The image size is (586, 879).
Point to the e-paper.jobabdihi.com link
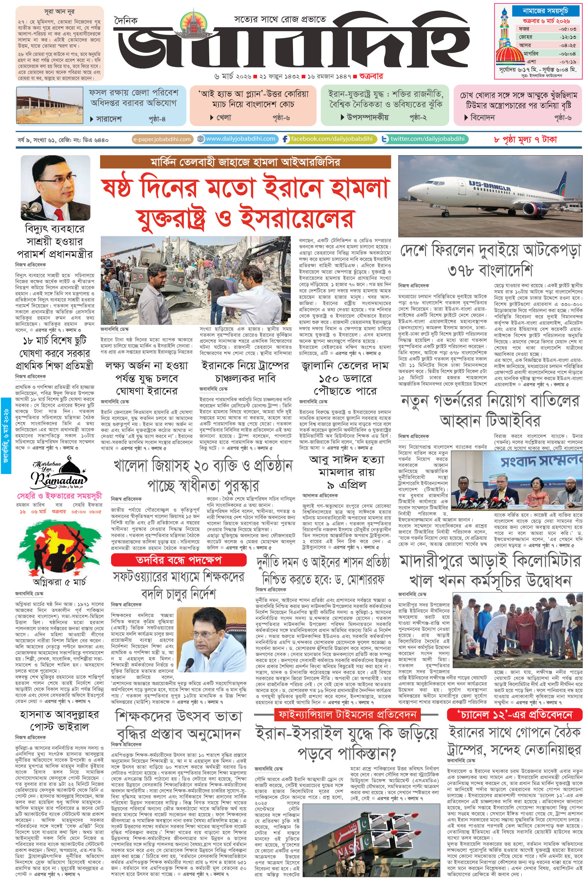click(x=162, y=139)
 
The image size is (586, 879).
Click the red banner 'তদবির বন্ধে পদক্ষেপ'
click(x=179, y=560)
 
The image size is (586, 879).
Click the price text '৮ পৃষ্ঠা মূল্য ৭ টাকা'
click(x=525, y=139)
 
